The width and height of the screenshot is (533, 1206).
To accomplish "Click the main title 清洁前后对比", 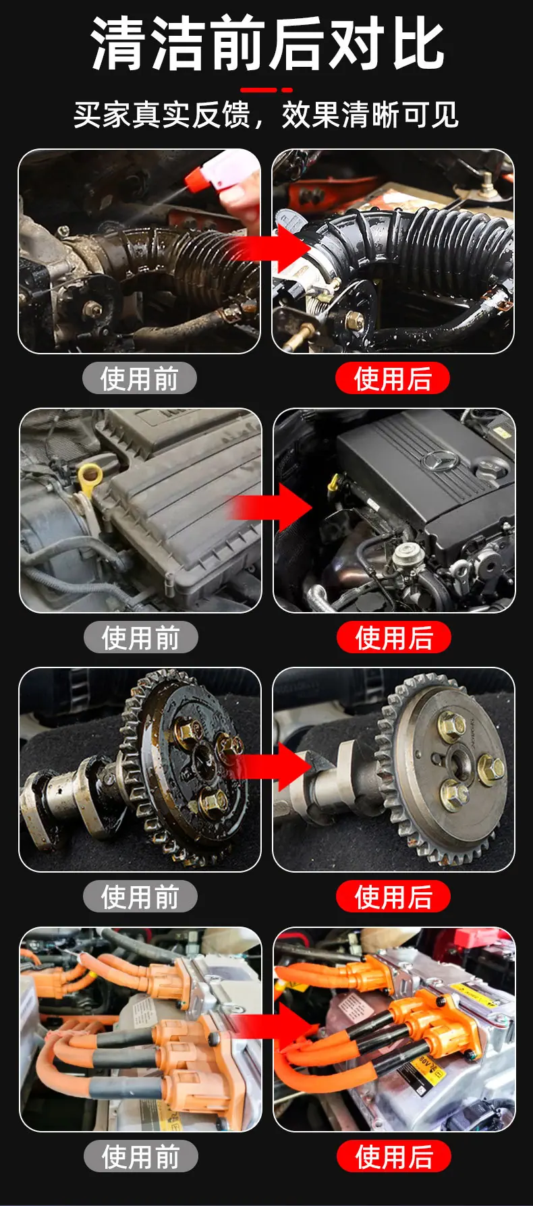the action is (x=268, y=44).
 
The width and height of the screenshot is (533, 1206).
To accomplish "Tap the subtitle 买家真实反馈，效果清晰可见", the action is (x=266, y=115).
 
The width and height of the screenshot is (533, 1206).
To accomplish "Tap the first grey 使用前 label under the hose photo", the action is (x=140, y=379).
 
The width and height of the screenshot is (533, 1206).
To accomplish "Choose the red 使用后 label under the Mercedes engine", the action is (x=393, y=638).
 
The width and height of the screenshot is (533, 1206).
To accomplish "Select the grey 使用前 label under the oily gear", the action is (x=140, y=897).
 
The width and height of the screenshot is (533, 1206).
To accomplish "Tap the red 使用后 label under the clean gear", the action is (x=393, y=897).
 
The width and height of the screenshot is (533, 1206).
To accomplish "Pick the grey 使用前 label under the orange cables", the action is (x=141, y=1157).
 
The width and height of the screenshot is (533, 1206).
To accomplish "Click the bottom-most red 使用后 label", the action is (x=394, y=1157).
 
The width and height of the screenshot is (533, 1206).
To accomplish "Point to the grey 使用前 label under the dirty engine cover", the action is (x=141, y=638).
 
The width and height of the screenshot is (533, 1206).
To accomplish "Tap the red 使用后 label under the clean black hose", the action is (x=393, y=379).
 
